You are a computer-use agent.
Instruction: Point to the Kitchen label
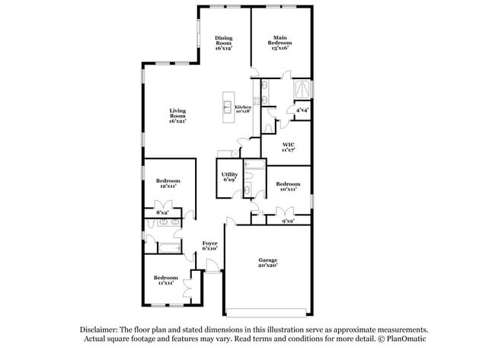click(243, 107)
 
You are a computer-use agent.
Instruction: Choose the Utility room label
click(229, 175)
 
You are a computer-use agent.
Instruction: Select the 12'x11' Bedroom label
click(168, 180)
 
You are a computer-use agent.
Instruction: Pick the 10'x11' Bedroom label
click(288, 184)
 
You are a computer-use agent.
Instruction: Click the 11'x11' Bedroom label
click(166, 278)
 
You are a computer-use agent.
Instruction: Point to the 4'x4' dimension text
click(302, 110)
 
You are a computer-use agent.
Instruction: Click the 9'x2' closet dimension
click(288, 221)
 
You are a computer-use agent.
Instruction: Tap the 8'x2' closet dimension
click(162, 212)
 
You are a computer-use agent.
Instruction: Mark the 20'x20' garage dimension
click(267, 266)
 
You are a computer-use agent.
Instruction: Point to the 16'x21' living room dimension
click(177, 120)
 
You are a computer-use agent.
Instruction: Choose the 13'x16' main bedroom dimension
click(279, 46)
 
